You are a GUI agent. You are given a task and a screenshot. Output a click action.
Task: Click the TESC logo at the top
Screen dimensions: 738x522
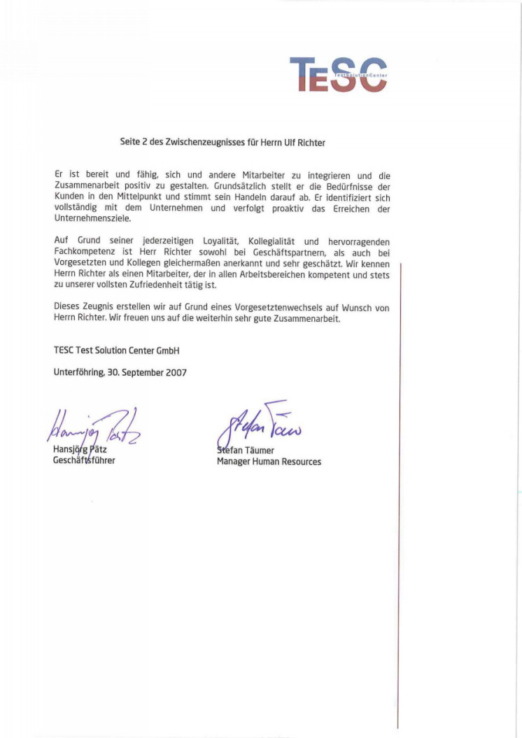338,74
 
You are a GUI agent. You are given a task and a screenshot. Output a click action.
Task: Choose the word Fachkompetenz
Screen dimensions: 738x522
85,252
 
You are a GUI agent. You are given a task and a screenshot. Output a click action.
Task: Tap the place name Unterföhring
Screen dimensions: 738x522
79,372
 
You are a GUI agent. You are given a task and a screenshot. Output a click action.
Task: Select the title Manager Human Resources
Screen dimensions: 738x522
269,462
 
